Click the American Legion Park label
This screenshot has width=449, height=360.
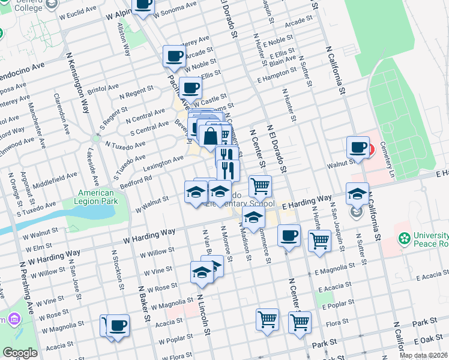pyautogui.click(x=96, y=197)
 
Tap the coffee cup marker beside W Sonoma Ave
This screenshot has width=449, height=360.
pyautogui.click(x=143, y=5)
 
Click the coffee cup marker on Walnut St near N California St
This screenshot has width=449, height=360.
pyautogui.click(x=358, y=147)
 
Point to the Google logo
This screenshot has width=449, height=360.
pyautogui.click(x=20, y=352)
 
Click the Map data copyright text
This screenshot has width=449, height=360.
pyautogui.click(x=423, y=355)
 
